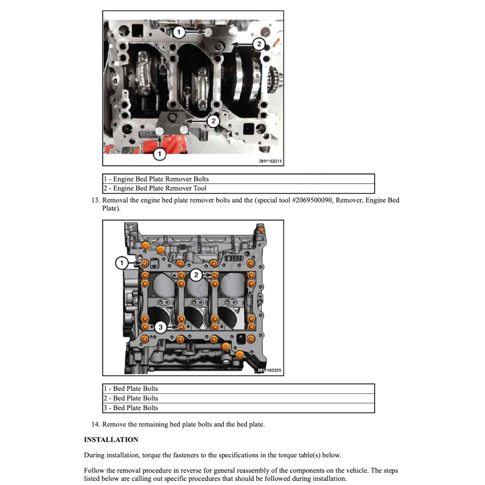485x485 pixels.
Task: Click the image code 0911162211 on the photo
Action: (270, 162)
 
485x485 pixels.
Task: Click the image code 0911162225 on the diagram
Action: (271, 370)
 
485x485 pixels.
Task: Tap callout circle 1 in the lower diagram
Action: (122, 263)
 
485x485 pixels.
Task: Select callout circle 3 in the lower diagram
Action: (161, 327)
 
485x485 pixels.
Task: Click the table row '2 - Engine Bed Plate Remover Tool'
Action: (238, 189)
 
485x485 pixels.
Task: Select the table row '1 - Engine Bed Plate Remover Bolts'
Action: (238, 179)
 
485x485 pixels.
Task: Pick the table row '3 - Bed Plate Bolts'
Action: (238, 408)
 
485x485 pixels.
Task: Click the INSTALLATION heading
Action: (111, 440)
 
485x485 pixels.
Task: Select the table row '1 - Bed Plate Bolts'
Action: (238, 389)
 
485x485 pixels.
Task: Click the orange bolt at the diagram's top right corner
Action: (261, 230)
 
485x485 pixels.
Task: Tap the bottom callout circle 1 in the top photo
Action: (160, 154)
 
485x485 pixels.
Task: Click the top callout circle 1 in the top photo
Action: (179, 32)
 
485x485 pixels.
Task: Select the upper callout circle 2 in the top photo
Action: (259, 45)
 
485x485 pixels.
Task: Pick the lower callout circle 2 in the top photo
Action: (213, 122)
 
